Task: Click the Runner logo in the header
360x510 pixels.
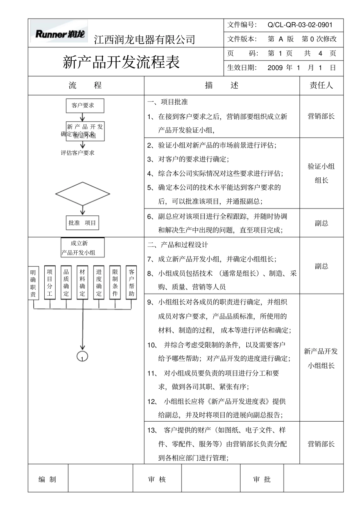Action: click(x=60, y=33)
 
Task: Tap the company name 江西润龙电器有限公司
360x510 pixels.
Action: click(x=144, y=39)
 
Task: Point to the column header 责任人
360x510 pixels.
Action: click(x=321, y=85)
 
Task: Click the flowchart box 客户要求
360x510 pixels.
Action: click(x=83, y=106)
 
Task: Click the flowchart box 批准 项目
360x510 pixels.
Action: click(x=82, y=223)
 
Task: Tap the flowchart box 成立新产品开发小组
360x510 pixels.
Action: click(x=82, y=248)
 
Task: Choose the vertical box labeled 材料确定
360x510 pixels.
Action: click(x=83, y=282)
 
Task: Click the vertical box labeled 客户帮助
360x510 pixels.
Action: click(x=131, y=282)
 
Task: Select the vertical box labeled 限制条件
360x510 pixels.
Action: click(x=115, y=282)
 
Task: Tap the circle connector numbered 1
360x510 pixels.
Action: click(x=82, y=357)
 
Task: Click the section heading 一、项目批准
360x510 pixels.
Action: click(x=167, y=102)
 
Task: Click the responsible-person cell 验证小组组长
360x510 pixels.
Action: click(x=321, y=173)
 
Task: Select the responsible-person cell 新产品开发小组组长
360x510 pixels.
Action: click(x=321, y=358)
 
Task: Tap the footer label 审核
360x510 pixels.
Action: click(x=157, y=480)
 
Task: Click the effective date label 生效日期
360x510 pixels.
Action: click(x=242, y=68)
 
